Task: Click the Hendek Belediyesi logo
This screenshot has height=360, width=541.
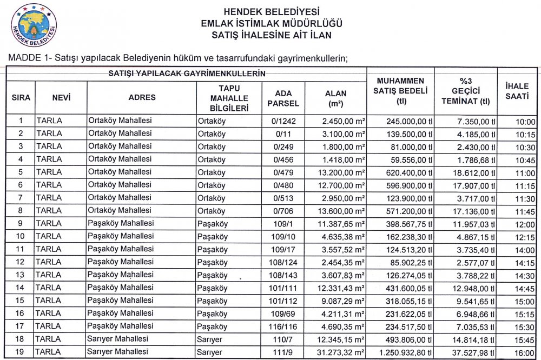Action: coord(34,24)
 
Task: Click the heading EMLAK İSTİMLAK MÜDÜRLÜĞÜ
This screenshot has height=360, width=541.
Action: coord(271,23)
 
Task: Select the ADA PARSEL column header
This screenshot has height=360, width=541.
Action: coord(283,97)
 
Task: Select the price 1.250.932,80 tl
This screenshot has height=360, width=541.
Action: coord(401,352)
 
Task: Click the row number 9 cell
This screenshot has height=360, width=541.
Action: coord(21,224)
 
